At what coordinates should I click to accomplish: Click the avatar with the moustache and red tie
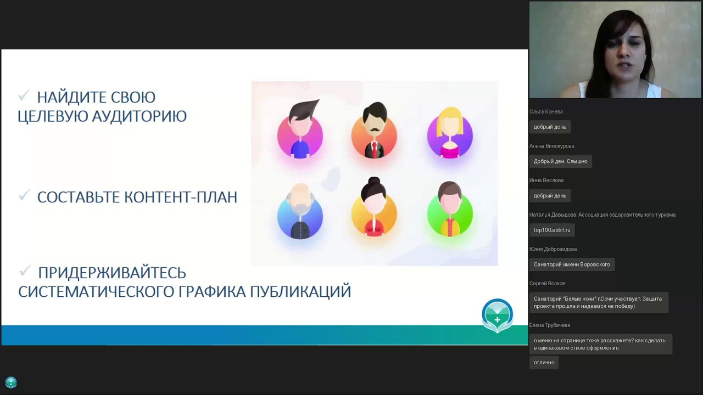(374, 132)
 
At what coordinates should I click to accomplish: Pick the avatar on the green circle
(450, 211)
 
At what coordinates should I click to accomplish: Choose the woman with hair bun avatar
(374, 208)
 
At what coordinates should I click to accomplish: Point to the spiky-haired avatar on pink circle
(300, 131)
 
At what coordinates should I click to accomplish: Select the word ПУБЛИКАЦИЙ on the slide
(300, 291)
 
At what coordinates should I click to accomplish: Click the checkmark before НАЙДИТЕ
(24, 97)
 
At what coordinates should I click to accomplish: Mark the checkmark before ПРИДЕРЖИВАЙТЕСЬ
(25, 271)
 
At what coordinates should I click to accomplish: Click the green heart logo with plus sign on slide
(497, 315)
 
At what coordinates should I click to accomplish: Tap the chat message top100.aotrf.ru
(552, 230)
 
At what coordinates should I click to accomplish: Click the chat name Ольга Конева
(546, 111)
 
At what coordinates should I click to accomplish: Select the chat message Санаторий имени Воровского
(572, 264)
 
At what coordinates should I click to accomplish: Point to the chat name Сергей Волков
(547, 283)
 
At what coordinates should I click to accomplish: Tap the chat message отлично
(544, 362)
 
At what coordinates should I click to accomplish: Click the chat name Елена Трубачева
(550, 325)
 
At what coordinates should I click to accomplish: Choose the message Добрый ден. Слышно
(560, 161)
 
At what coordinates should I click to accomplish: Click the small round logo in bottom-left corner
(11, 382)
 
